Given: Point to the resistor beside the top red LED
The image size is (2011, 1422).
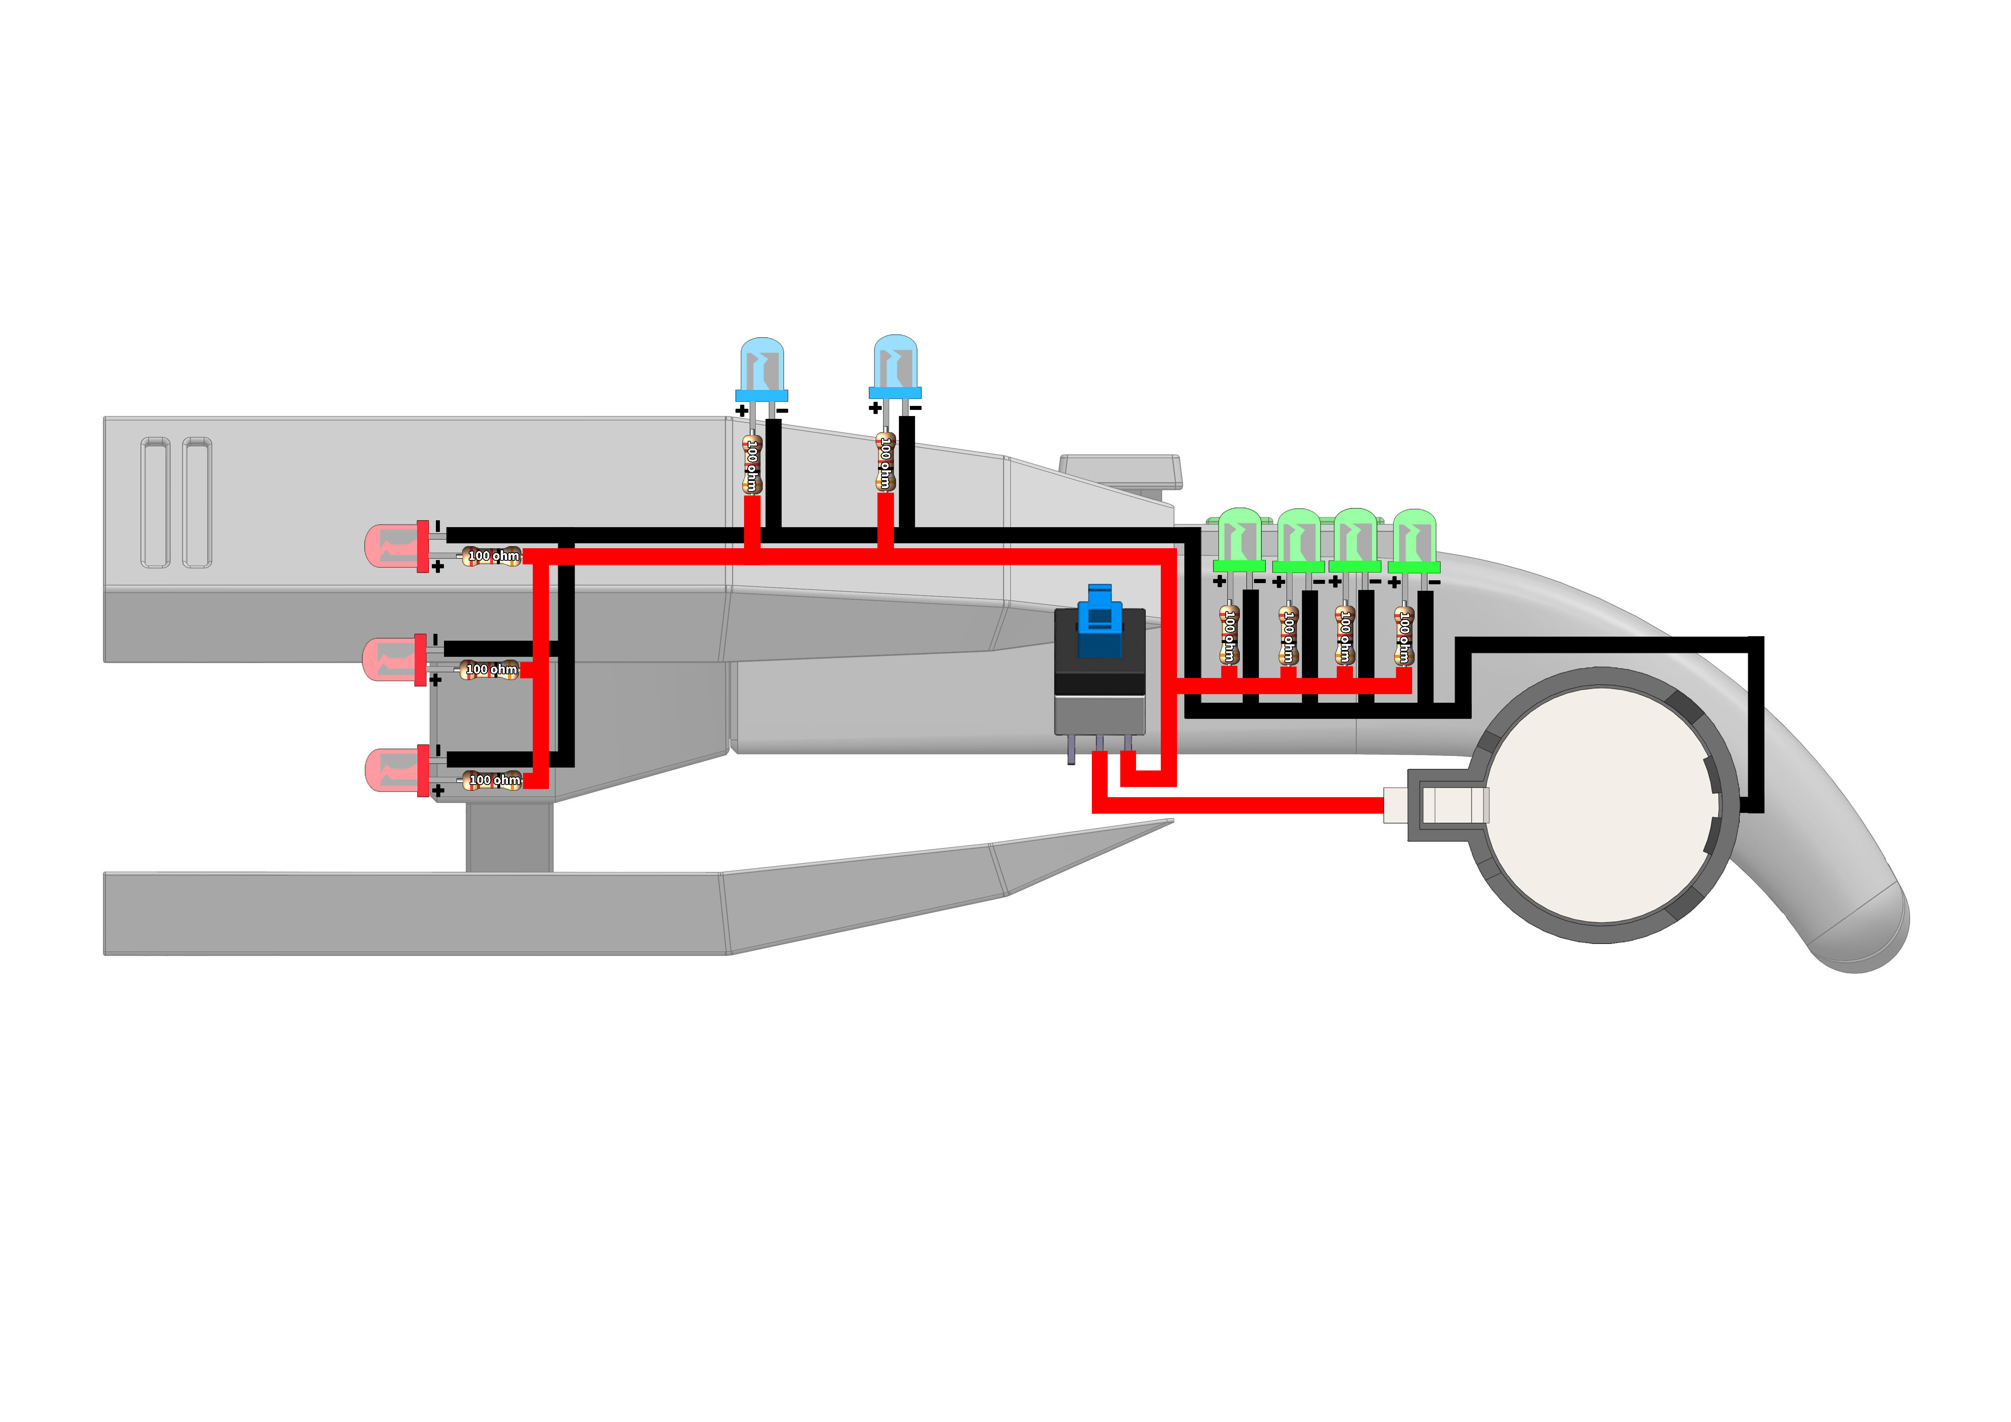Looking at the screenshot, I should (491, 556).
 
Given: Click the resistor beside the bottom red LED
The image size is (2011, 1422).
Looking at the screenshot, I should (492, 780).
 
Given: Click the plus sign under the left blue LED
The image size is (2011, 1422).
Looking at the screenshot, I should (742, 410).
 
